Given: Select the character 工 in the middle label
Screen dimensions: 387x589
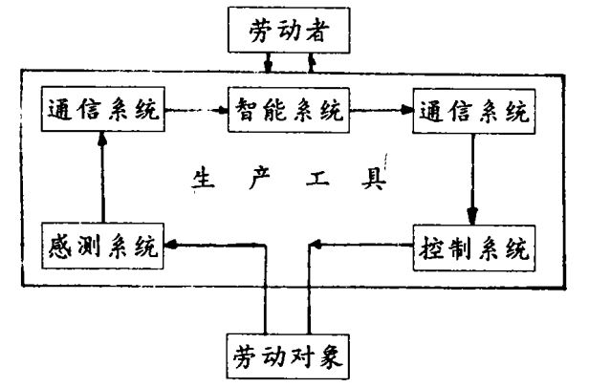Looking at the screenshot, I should [322, 180].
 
